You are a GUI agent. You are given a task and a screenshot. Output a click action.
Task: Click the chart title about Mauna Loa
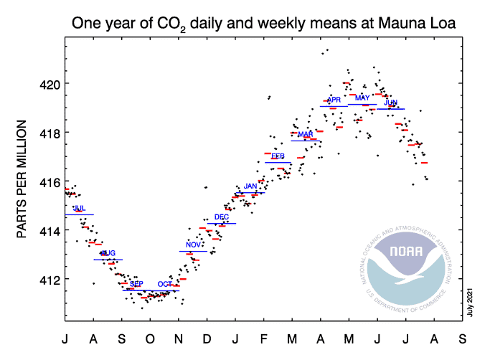(264, 24)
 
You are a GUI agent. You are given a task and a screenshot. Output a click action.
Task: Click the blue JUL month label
(80, 209)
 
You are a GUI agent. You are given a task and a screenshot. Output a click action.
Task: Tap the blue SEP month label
(136, 285)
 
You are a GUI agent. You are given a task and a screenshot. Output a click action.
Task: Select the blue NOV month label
(193, 245)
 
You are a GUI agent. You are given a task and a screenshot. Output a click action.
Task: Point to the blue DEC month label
(222, 217)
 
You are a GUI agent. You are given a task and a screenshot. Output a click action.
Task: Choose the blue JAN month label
(250, 186)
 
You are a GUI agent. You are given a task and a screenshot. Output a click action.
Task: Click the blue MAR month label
(306, 135)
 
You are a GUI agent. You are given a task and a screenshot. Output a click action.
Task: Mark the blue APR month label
(334, 100)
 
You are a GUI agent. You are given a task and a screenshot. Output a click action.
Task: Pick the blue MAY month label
(362, 98)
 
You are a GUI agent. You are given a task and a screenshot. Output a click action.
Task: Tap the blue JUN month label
(391, 103)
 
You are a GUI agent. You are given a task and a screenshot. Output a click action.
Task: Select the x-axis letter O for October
(150, 337)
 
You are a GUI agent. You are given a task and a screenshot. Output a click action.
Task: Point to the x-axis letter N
(179, 337)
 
